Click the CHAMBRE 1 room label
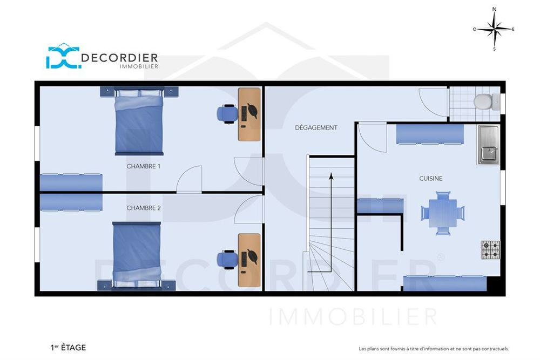[143, 166]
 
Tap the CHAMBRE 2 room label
[144, 208]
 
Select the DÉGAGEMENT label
[316, 128]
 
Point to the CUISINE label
[431, 178]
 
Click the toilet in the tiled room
[486, 102]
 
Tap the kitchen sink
[488, 145]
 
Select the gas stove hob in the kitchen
[490, 250]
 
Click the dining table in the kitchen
[443, 213]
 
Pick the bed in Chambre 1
[139, 121]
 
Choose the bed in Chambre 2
[137, 256]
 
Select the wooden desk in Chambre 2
[249, 260]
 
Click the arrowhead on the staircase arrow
[331, 176]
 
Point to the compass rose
[494, 29]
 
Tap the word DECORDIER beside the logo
[119, 57]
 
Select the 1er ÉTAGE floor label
[68, 348]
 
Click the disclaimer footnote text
[434, 349]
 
